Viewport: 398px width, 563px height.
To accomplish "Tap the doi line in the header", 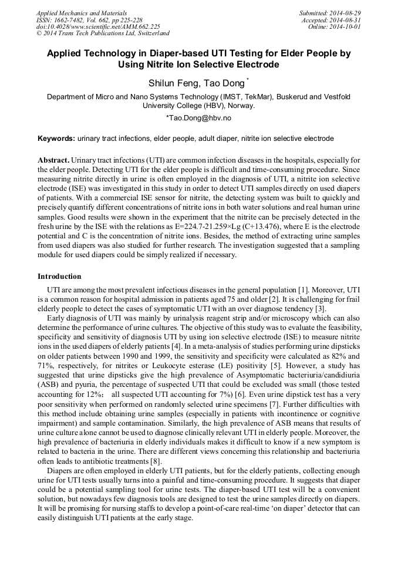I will point(98,26).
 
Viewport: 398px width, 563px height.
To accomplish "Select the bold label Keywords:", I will point(56,139).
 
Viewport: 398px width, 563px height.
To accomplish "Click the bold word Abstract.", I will point(53,160).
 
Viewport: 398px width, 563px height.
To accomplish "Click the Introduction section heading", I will point(59,276).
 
